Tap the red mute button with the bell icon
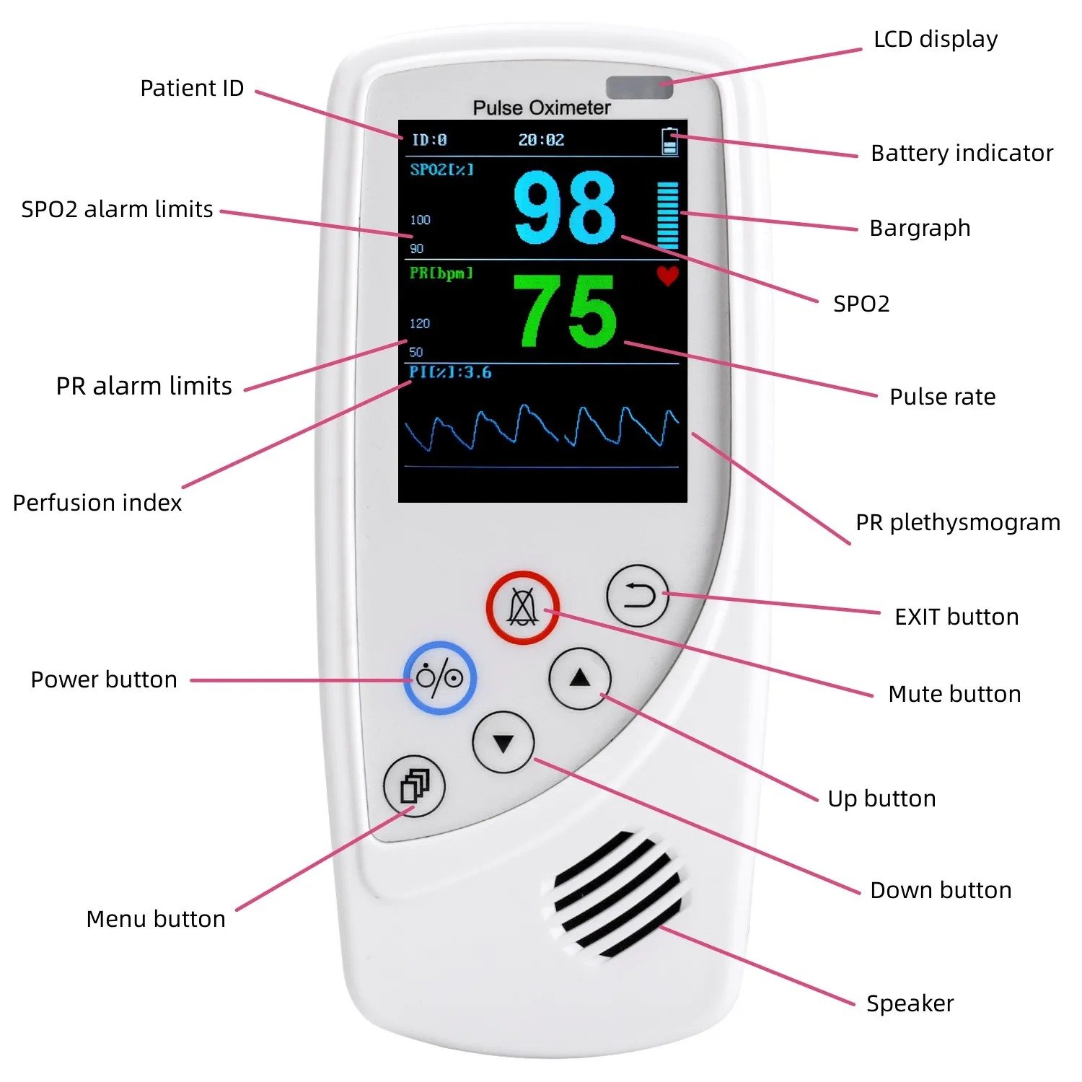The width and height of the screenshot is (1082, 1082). (522, 607)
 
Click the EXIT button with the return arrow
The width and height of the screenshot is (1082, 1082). (638, 596)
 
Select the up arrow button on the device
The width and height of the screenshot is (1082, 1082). (580, 679)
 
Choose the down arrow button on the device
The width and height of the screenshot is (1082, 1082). (503, 742)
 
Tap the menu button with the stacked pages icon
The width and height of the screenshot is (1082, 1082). (415, 786)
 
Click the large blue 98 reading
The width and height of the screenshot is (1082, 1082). (565, 208)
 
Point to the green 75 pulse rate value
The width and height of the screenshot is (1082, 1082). (565, 312)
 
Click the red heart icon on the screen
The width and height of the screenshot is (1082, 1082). (668, 276)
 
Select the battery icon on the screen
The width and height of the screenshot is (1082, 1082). (670, 141)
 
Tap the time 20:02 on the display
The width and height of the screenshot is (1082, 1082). (541, 140)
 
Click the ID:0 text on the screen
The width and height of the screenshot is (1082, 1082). (429, 140)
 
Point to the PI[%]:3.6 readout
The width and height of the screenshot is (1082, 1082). (451, 372)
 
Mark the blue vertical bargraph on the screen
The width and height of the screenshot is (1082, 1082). (668, 215)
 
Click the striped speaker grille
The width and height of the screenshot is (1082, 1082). (617, 894)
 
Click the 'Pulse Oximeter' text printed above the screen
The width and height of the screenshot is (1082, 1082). (542, 107)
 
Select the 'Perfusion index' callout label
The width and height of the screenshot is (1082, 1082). (97, 503)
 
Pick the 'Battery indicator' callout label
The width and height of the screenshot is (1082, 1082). (962, 153)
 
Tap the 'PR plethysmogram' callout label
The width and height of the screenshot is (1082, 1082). (958, 522)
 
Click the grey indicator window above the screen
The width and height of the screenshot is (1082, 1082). (639, 87)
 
